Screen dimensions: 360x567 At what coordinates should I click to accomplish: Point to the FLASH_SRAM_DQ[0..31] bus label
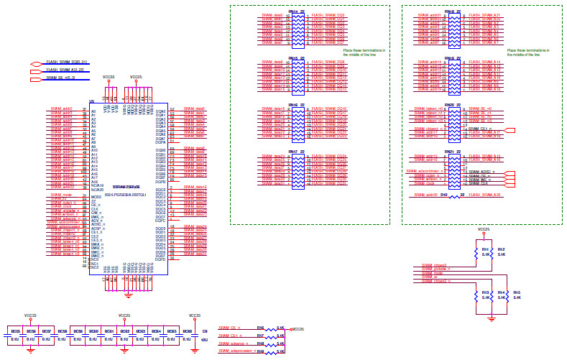(x=67, y=63)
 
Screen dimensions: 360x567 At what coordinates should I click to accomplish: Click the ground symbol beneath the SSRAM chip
(x=128, y=295)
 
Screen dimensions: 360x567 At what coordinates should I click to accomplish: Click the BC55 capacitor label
(x=15, y=331)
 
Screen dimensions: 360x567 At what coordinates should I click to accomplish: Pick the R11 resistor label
(x=485, y=249)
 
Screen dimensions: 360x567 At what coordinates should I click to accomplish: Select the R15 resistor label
(x=517, y=292)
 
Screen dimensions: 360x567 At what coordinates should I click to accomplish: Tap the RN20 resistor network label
(x=449, y=105)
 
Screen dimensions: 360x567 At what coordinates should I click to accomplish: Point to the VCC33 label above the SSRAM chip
(x=109, y=76)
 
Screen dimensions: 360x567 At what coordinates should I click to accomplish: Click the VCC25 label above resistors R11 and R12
(x=484, y=230)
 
